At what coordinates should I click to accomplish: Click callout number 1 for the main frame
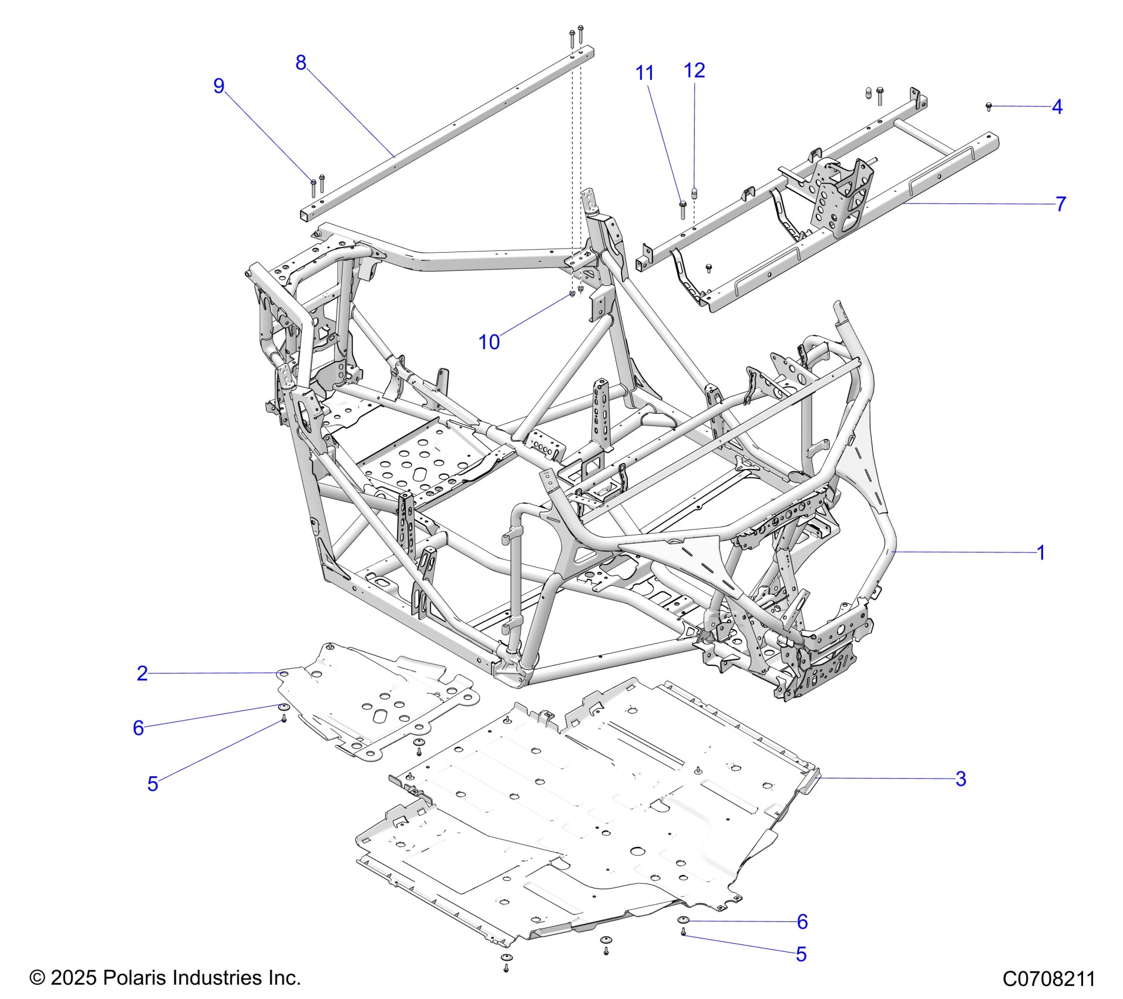point(1040,553)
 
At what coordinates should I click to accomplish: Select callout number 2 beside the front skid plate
point(142,673)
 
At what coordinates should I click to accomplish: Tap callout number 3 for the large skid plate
point(960,779)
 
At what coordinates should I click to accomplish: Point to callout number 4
point(1057,107)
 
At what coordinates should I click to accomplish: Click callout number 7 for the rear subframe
point(1060,204)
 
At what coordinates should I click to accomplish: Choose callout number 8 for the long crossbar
point(301,62)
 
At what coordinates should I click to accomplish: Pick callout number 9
point(218,86)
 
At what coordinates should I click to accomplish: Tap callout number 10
point(489,342)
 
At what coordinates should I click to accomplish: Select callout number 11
point(644,73)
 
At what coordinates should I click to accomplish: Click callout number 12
point(694,71)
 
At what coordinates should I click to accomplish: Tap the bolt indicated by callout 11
point(682,209)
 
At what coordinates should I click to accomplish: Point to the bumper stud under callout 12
point(694,193)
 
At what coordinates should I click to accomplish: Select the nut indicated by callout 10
point(571,294)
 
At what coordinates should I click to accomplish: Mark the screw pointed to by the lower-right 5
point(684,933)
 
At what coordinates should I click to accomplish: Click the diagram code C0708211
point(1048,979)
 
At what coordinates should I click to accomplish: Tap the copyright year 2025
point(73,978)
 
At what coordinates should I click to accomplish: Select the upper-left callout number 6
point(138,728)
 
